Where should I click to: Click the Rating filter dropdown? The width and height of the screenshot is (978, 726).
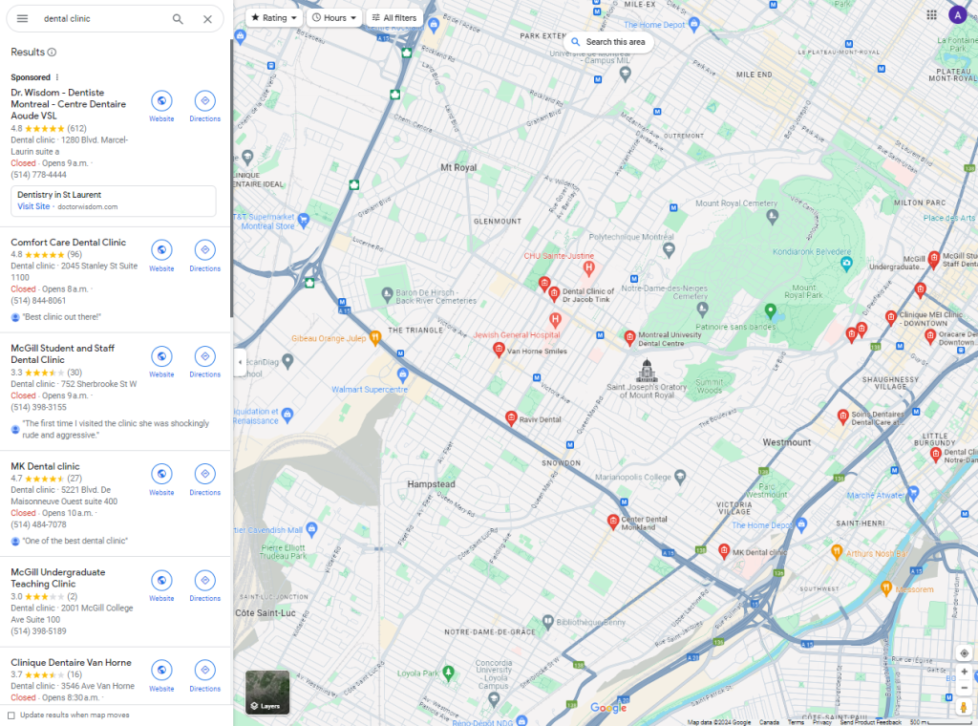click(274, 17)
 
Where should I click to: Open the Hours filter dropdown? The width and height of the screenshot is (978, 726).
click(335, 17)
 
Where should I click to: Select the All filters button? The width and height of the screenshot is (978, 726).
click(393, 17)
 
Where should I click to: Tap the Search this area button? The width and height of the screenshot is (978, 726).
click(608, 42)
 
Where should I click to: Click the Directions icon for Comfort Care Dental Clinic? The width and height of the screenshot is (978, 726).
click(204, 250)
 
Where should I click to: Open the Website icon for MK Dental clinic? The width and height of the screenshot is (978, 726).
click(161, 474)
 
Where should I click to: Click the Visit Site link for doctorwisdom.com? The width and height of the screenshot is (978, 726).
click(33, 206)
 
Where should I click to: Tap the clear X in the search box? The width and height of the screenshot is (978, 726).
click(207, 19)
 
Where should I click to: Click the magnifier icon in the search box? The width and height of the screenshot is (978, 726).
click(178, 19)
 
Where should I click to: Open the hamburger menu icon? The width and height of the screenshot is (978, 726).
click(22, 19)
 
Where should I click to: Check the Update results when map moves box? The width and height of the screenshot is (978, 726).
click(11, 715)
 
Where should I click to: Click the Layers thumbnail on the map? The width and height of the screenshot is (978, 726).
click(267, 692)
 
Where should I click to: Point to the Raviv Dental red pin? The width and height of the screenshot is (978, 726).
click(511, 417)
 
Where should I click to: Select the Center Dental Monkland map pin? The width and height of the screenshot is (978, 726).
click(613, 521)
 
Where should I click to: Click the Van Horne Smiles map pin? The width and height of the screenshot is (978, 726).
click(498, 349)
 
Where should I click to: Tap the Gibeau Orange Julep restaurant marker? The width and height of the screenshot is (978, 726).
click(376, 335)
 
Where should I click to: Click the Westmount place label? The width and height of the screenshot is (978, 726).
click(787, 442)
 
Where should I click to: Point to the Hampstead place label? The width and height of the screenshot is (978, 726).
click(431, 484)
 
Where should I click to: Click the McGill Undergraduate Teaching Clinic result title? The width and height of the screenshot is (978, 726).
click(57, 578)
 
